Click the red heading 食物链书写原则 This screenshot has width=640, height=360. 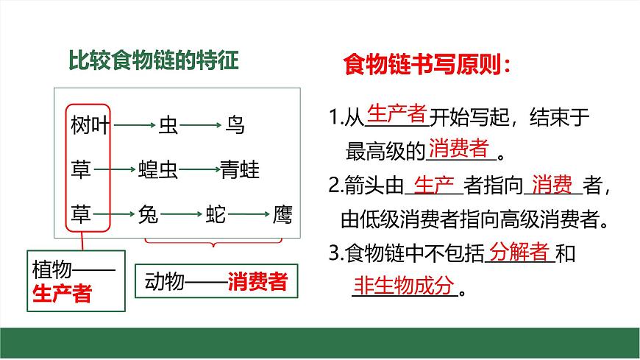[x=427, y=66]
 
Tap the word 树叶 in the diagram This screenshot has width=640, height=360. [x=90, y=126]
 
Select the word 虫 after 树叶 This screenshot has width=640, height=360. [x=168, y=126]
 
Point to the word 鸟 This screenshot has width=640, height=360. [x=235, y=126]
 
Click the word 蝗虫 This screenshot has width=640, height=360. [x=158, y=171]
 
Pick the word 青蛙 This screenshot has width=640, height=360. [x=241, y=171]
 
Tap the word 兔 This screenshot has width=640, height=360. [x=148, y=215]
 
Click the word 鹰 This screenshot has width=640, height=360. [x=282, y=215]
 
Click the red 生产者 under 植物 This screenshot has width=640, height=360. [x=63, y=294]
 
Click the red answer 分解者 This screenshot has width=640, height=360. [x=519, y=252]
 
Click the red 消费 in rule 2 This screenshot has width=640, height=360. [x=552, y=184]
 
